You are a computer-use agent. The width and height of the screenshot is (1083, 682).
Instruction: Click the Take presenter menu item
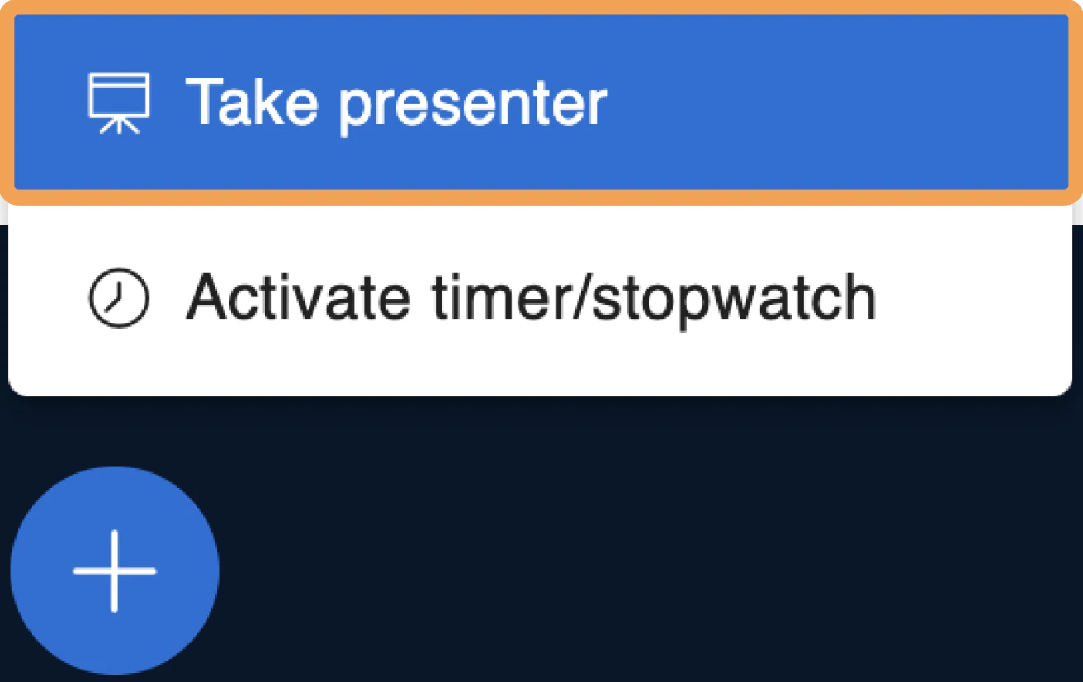(541, 102)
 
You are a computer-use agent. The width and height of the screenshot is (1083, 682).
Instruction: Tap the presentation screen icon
(119, 103)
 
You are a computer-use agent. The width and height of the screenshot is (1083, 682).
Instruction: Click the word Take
(252, 102)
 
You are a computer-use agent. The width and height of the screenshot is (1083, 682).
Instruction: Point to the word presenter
(472, 107)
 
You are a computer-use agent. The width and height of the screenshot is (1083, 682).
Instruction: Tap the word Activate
(299, 297)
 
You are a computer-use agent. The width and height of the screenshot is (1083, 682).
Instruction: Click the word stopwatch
(735, 301)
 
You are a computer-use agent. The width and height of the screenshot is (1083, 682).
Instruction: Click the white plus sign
(115, 571)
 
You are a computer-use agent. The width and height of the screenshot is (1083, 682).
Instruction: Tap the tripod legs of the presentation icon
(120, 126)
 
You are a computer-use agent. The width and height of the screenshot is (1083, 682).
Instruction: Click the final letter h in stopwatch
(861, 297)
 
